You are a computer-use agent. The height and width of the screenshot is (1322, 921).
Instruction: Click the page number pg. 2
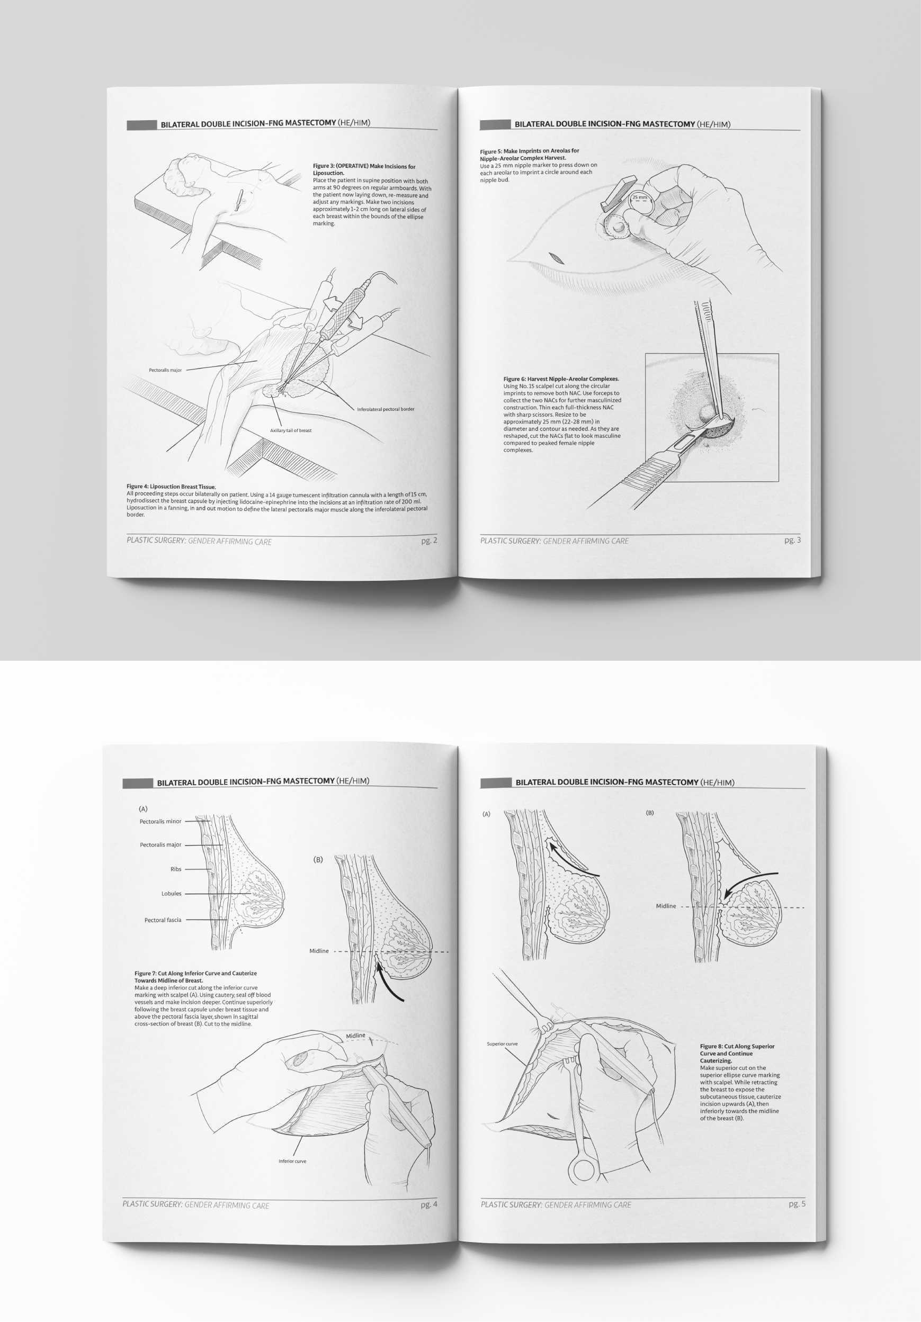[428, 540]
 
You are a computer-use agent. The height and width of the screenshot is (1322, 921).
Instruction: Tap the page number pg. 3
[792, 540]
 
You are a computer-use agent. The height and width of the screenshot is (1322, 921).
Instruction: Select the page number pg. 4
[428, 1204]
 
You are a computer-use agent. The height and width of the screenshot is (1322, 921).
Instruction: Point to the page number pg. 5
[797, 1203]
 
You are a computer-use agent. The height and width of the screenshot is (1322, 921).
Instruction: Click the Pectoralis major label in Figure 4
[165, 370]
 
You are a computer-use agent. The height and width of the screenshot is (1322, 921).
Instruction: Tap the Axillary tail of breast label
[290, 430]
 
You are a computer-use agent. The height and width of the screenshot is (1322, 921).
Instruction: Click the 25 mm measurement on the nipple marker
[639, 197]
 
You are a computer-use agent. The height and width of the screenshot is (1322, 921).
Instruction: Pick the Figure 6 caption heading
[561, 379]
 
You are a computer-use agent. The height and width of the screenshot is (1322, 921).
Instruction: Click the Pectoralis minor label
[160, 822]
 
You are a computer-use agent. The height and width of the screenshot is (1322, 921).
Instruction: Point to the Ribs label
[176, 869]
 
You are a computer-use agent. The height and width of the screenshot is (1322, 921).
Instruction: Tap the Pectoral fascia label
[163, 920]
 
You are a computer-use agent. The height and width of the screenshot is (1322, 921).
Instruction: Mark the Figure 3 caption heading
[363, 169]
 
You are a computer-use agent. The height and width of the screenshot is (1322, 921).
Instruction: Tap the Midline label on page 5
[665, 906]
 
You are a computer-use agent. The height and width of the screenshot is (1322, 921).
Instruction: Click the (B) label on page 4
[318, 860]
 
